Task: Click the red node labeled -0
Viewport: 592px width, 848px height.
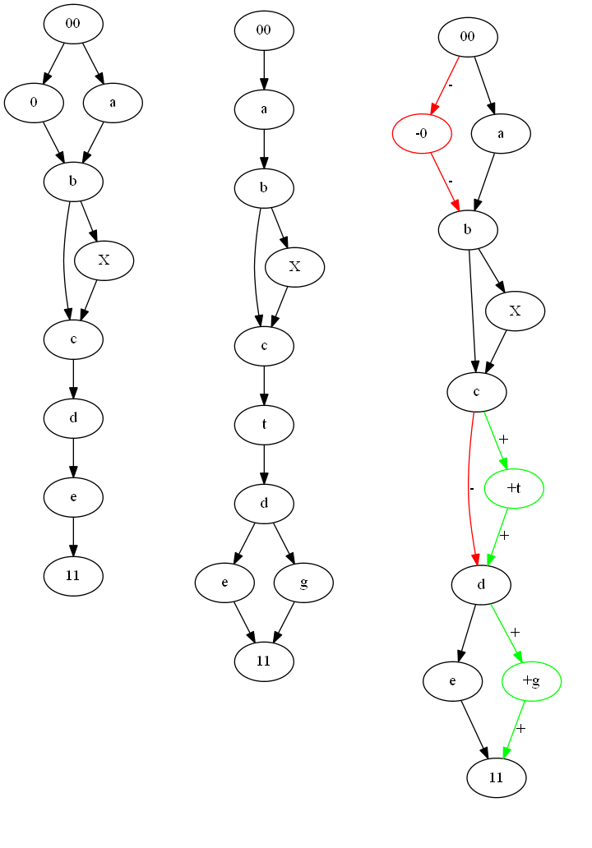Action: tap(422, 133)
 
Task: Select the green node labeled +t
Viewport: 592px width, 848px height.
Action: tap(514, 487)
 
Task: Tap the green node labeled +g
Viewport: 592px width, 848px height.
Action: tap(531, 681)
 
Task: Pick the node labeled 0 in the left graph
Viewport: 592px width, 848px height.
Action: tap(34, 103)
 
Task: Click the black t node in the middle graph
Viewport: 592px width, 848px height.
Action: tap(264, 425)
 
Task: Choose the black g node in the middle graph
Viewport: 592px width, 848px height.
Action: tap(303, 583)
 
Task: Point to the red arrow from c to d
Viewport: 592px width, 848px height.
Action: tap(469, 485)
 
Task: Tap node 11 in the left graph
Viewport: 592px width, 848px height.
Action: tap(73, 575)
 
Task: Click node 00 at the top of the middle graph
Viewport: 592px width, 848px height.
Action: tap(264, 30)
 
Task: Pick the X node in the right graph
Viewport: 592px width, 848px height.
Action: tap(516, 311)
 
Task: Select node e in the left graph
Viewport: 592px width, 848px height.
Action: tap(73, 496)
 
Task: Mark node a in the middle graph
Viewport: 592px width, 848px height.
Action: tap(264, 108)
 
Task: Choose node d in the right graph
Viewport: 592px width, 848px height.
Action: tap(481, 585)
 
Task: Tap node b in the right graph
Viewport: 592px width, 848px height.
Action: tap(468, 229)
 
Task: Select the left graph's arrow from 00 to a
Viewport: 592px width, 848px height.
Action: tap(93, 63)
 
